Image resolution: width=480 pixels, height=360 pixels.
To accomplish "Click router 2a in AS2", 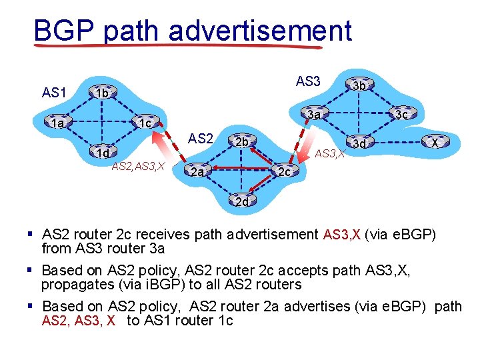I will [x=196, y=173].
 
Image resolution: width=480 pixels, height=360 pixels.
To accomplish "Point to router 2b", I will [x=241, y=142].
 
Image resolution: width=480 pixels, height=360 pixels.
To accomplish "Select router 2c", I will [x=283, y=173].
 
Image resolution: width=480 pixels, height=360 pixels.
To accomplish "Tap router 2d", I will [x=241, y=201].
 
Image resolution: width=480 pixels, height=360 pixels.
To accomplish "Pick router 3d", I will [x=359, y=143].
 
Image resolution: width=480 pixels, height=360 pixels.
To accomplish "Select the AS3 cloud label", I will [x=308, y=81].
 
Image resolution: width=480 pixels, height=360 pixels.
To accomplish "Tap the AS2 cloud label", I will [x=200, y=139].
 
